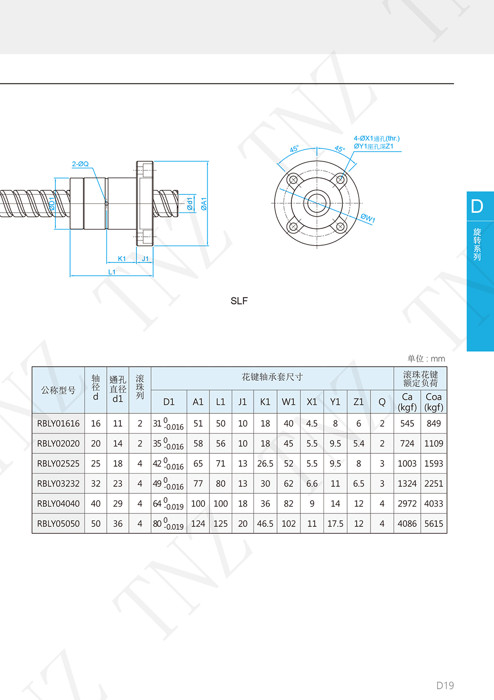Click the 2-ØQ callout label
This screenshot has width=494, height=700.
coord(81,164)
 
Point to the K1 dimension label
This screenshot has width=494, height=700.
coord(122,259)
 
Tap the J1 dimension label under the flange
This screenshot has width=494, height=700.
coord(145,259)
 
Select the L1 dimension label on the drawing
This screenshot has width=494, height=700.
coord(112,272)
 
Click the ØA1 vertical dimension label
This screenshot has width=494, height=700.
coord(204,204)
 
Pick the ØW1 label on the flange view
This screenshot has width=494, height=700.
coord(368,218)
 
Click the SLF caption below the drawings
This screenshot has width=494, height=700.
coord(239,301)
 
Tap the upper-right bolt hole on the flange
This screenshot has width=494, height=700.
coord(340,180)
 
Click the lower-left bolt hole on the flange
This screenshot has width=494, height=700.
coord(293,226)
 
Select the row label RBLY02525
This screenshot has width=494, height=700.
coord(58,463)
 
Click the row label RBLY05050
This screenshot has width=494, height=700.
coord(58,523)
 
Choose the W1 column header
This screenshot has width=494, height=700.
coord(288,402)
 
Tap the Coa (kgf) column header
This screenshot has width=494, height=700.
coord(434,402)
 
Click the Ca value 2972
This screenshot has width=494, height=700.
coord(407,504)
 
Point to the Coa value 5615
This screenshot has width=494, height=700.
coord(434,523)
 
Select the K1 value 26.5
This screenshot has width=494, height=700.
coord(265,463)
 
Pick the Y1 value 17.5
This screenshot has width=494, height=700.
coord(335,523)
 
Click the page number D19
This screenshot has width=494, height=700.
coord(445,685)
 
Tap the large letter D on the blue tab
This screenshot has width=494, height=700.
coord(477,206)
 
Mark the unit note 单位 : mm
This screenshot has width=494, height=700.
coord(426,359)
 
